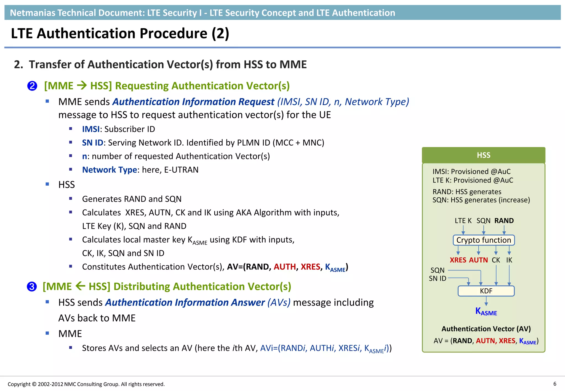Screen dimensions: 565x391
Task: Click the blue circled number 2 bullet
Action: pyautogui.click(x=32, y=86)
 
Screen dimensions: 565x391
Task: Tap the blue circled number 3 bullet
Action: pyautogui.click(x=32, y=287)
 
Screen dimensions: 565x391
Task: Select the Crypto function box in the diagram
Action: pyautogui.click(x=484, y=240)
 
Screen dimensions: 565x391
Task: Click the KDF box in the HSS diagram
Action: pyautogui.click(x=486, y=291)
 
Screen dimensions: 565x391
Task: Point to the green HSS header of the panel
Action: pyautogui.click(x=483, y=155)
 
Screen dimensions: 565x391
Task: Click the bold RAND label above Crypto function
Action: pyautogui.click(x=504, y=221)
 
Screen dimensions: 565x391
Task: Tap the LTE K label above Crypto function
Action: pyautogui.click(x=463, y=221)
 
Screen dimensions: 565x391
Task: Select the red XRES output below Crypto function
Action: pyautogui.click(x=458, y=260)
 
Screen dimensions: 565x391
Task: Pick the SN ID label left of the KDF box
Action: pyautogui.click(x=437, y=278)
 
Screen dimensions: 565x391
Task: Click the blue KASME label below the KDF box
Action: pyautogui.click(x=486, y=312)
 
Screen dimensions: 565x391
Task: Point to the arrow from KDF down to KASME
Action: pyautogui.click(x=486, y=301)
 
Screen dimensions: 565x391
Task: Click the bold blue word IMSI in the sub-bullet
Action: pyautogui.click(x=91, y=129)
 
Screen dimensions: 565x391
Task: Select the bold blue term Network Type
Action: pyautogui.click(x=110, y=170)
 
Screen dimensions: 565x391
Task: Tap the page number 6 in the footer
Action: pyautogui.click(x=555, y=384)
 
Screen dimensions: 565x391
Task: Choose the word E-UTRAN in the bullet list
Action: pyautogui.click(x=181, y=170)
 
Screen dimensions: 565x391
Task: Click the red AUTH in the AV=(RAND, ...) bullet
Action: pyautogui.click(x=284, y=267)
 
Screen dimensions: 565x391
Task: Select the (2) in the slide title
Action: pyautogui.click(x=220, y=34)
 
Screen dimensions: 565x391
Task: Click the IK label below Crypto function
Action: pyautogui.click(x=509, y=260)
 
